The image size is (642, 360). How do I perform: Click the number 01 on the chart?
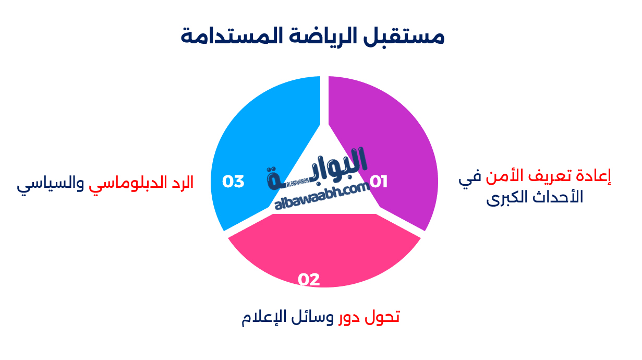pyautogui.click(x=379, y=182)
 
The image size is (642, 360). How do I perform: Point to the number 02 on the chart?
pyautogui.click(x=309, y=280)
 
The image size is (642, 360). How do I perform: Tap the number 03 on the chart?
pyautogui.click(x=233, y=182)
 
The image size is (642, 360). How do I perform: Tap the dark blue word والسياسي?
pyautogui.click(x=50, y=184)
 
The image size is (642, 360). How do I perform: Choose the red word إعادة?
pyautogui.click(x=592, y=177)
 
